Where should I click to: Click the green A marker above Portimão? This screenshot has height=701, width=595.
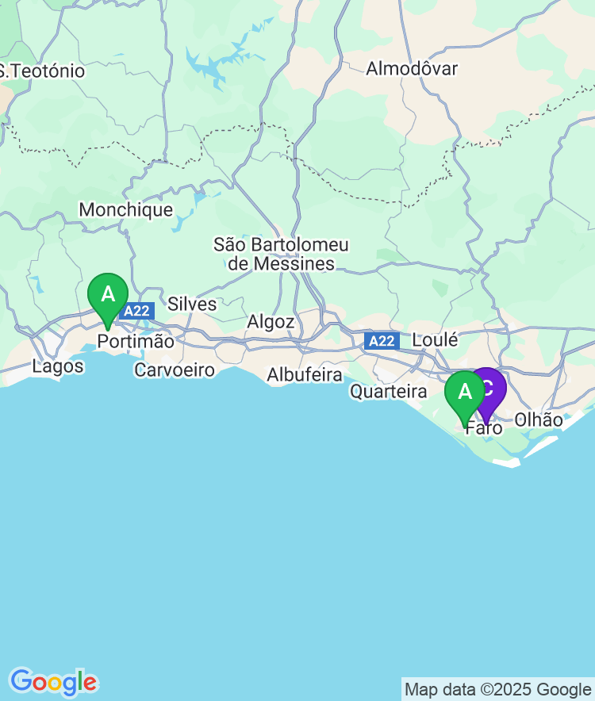click(108, 296)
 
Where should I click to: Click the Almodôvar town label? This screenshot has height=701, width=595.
click(412, 69)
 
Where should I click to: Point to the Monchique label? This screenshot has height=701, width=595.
click(126, 210)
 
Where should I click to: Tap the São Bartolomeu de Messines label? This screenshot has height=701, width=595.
click(281, 255)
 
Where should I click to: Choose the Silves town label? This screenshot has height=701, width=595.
click(192, 305)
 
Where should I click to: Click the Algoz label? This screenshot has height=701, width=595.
click(271, 322)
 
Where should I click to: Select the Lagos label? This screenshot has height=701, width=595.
click(58, 367)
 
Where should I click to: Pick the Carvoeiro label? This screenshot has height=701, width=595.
click(175, 370)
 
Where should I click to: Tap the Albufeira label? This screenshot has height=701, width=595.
click(305, 375)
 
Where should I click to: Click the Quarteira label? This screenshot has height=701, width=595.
click(389, 392)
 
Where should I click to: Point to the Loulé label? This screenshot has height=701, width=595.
click(435, 340)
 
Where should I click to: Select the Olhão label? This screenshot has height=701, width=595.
click(539, 420)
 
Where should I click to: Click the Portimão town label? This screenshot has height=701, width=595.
click(136, 342)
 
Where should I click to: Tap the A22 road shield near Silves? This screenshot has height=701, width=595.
click(136, 311)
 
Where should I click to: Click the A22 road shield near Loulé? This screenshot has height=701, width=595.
click(382, 341)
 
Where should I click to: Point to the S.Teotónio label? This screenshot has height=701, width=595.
click(43, 71)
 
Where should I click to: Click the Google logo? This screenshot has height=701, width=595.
click(53, 681)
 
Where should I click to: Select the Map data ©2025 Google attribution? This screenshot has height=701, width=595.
click(497, 689)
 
